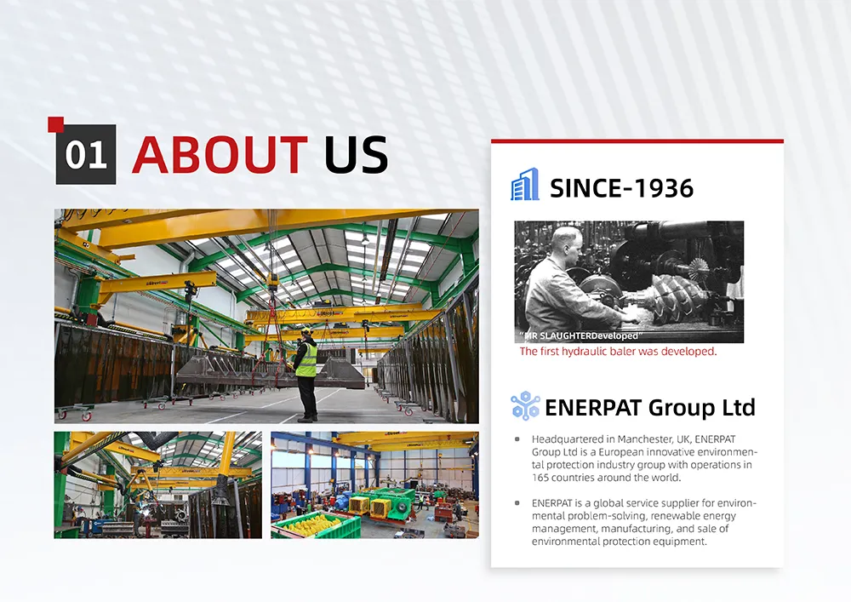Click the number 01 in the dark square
click(86, 155)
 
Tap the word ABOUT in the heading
click(220, 155)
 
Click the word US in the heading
click(356, 155)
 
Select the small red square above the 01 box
click(56, 124)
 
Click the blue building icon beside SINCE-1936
click(525, 184)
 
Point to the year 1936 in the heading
click(664, 188)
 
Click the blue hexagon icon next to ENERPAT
click(525, 405)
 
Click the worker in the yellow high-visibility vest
click(306, 374)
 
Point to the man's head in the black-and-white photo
click(566, 243)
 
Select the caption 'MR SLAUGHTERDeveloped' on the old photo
click(580, 336)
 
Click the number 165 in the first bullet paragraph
click(540, 478)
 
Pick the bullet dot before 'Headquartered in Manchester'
click(517, 439)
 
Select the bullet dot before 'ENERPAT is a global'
click(517, 503)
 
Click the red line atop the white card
click(637, 141)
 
